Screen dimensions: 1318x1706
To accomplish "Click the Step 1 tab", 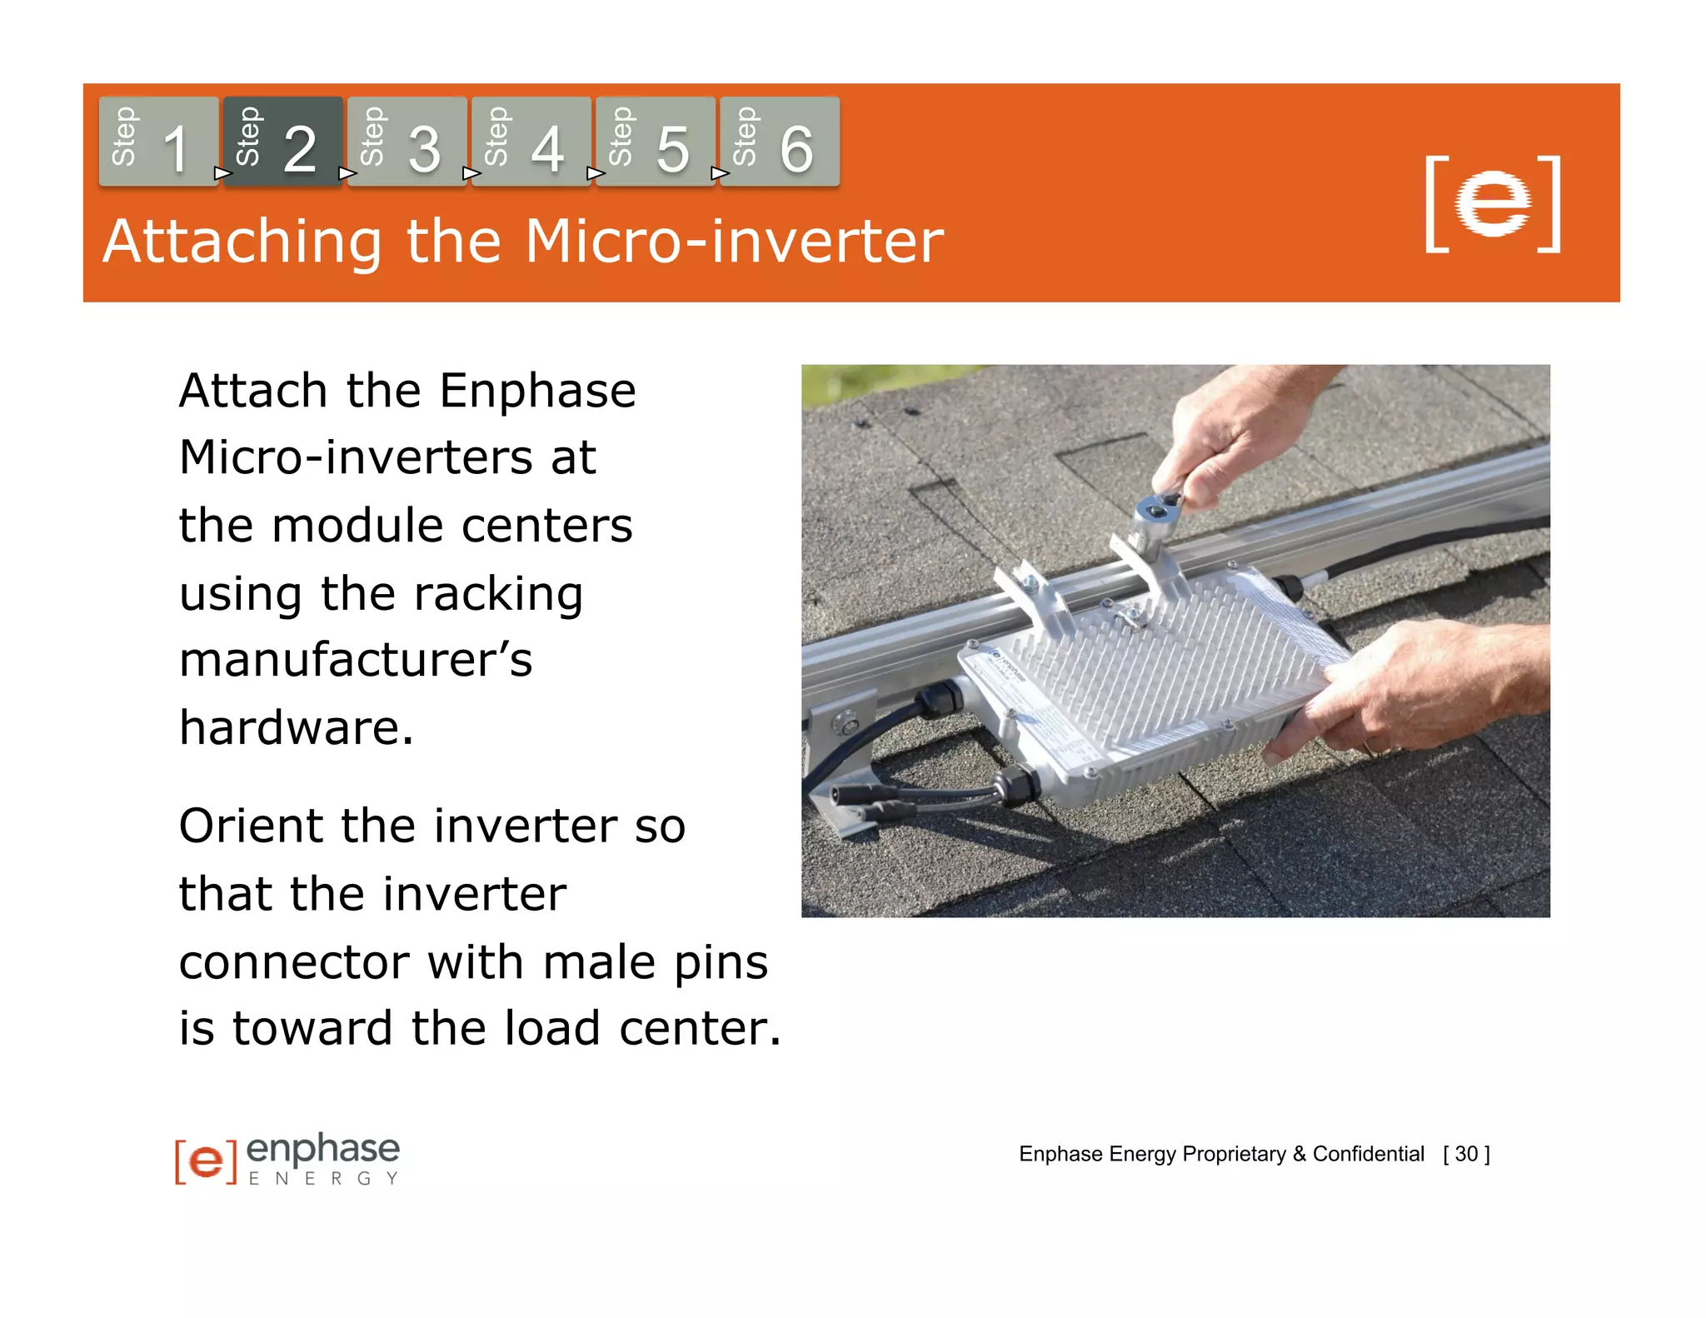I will click(x=158, y=142).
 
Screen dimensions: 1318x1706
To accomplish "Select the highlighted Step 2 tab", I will click(x=282, y=142).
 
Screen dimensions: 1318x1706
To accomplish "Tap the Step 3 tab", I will click(x=407, y=142).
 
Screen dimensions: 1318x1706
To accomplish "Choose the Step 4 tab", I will click(x=531, y=142).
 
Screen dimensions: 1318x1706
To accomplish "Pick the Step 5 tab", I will click(x=655, y=142).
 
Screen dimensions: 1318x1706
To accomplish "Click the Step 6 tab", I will click(x=779, y=142).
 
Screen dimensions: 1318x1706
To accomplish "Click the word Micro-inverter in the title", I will click(x=734, y=242).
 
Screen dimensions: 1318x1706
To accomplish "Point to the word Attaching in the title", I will click(x=242, y=242).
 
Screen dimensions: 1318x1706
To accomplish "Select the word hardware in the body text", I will click(x=296, y=727).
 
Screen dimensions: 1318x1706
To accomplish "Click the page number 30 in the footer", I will click(x=1466, y=1154).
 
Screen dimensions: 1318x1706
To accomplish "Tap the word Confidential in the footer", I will click(x=1368, y=1154).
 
